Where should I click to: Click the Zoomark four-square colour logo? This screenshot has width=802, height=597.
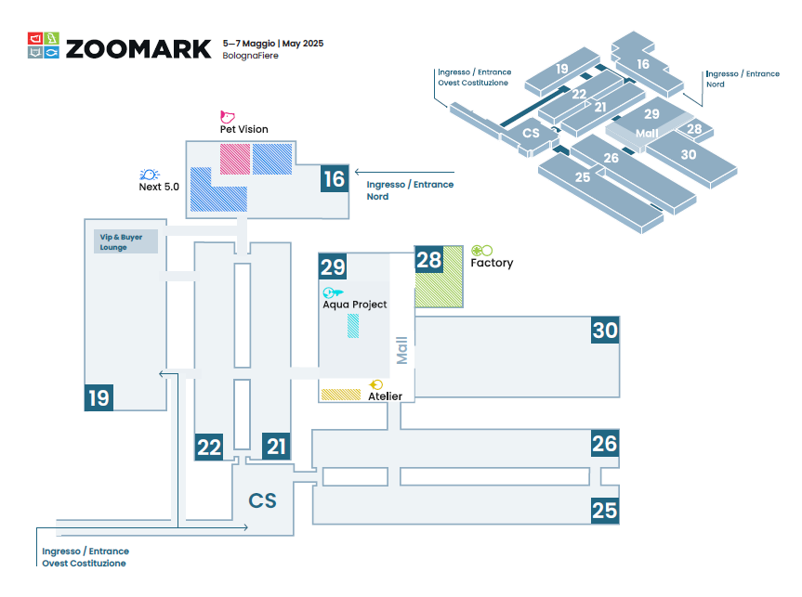pyautogui.click(x=44, y=45)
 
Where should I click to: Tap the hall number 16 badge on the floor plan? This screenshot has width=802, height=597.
pyautogui.click(x=335, y=178)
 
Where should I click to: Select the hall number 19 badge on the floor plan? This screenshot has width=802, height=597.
pyautogui.click(x=99, y=397)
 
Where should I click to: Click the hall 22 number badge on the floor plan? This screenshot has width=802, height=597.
pyautogui.click(x=209, y=447)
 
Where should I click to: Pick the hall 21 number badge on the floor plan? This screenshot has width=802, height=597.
pyautogui.click(x=276, y=447)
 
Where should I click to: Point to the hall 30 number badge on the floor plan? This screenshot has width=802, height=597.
pyautogui.click(x=605, y=331)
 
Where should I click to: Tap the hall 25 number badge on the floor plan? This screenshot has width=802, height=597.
pyautogui.click(x=605, y=511)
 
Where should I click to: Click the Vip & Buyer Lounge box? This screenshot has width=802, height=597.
pyautogui.click(x=125, y=241)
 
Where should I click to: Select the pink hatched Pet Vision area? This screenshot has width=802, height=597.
pyautogui.click(x=235, y=159)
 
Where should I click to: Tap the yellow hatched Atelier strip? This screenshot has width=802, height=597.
pyautogui.click(x=341, y=395)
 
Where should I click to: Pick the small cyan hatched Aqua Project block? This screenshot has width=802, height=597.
pyautogui.click(x=353, y=326)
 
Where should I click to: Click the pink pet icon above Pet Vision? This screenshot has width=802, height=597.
pyautogui.click(x=227, y=117)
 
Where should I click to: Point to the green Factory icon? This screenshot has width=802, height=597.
pyautogui.click(x=481, y=251)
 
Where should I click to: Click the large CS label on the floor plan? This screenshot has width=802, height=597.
pyautogui.click(x=262, y=501)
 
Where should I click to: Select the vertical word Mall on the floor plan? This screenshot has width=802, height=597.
pyautogui.click(x=402, y=350)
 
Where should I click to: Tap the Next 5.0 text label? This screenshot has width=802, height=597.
pyautogui.click(x=159, y=187)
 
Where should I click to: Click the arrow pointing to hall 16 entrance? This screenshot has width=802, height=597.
pyautogui.click(x=404, y=173)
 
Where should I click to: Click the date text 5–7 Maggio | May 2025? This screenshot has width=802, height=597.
pyautogui.click(x=273, y=44)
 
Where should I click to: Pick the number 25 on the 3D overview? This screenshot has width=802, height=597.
pyautogui.click(x=583, y=177)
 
